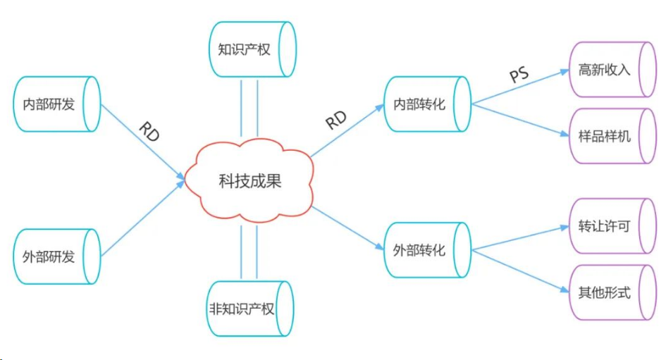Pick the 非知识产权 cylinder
(247, 309)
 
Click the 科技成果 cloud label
(249, 181)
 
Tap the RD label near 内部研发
(149, 132)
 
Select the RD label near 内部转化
(336, 120)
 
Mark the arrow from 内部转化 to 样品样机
(519, 120)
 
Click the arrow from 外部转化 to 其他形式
(519, 271)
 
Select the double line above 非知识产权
(248, 252)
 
